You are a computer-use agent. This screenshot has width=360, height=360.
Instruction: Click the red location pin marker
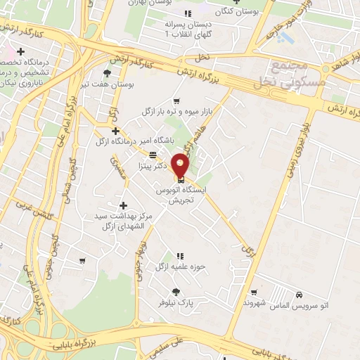click(181, 165)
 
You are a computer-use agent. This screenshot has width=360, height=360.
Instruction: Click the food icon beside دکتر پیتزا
click(153, 155)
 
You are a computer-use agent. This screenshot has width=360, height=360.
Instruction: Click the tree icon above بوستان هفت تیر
click(107, 73)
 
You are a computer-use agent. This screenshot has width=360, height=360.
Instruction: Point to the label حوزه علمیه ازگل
click(160, 266)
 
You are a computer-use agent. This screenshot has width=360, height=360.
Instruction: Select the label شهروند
click(236, 302)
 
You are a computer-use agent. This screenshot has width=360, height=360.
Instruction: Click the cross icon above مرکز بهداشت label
click(124, 205)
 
